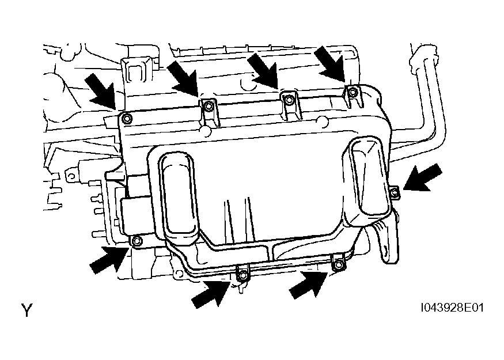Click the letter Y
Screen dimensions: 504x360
pos(27,310)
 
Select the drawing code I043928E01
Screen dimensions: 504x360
pos(452,308)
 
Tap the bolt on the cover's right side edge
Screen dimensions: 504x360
pos(395,192)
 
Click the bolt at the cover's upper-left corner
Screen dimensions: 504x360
pos(127,118)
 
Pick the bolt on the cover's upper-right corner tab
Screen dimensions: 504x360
pos(353,92)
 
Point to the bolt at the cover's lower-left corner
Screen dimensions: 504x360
pos(137,240)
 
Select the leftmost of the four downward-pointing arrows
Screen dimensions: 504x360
pos(102,90)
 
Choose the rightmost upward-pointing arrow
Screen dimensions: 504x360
pos(308,284)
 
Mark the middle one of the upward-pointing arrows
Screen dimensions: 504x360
pos(211,293)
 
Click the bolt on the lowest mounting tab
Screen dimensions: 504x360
pos(242,275)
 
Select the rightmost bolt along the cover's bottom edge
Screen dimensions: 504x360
pos(338,264)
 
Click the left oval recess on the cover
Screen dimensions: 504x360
pos(179,197)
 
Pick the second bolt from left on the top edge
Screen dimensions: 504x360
pos(207,105)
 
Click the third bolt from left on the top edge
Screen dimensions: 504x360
pos(289,100)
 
